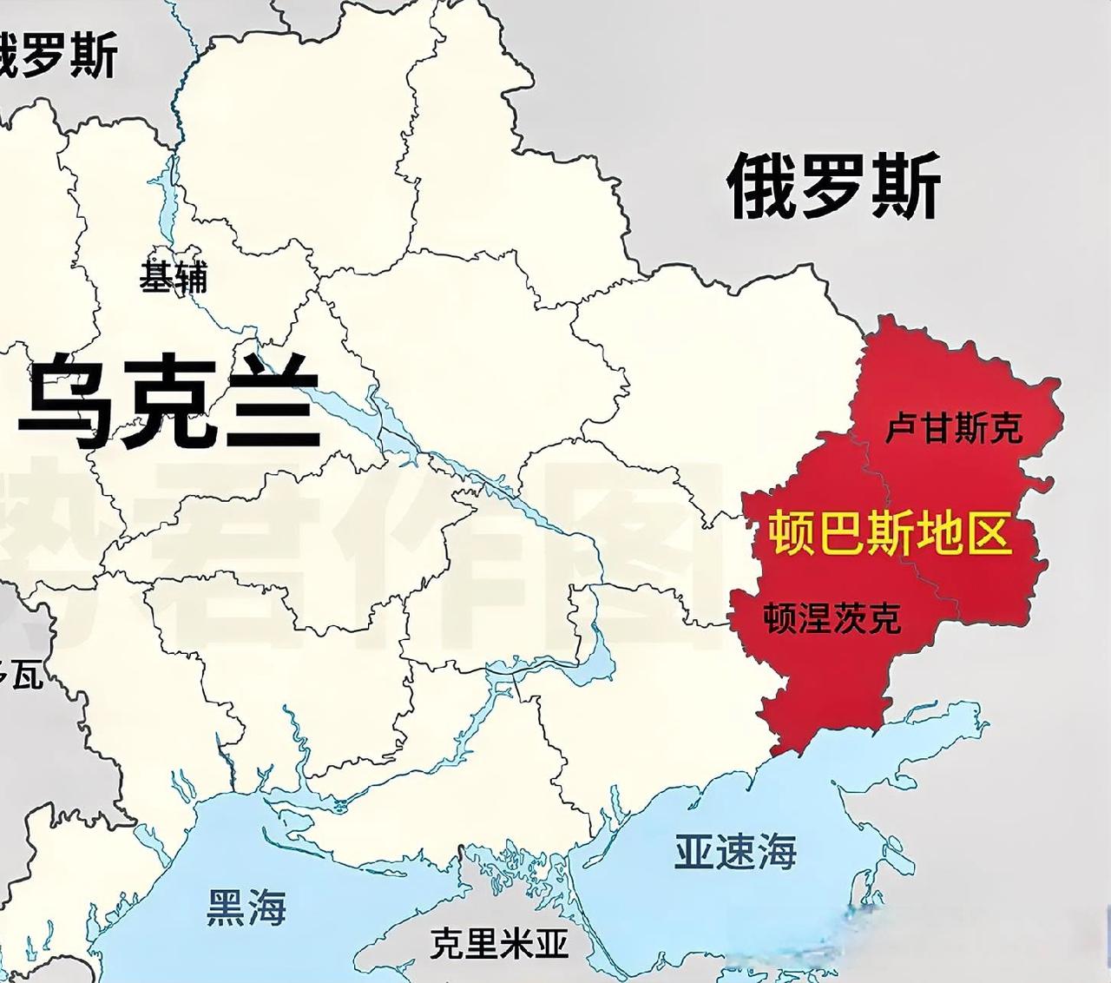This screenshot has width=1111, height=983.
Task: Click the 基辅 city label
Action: coord(174,278)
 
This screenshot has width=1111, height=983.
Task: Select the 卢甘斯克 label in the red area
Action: coord(954,427)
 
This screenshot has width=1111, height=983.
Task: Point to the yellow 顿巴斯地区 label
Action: coord(891,532)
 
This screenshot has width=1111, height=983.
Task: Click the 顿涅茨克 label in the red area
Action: coord(832,618)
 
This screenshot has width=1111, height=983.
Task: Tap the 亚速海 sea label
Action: coord(735,852)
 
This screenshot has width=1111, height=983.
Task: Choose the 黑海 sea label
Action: coord(247,907)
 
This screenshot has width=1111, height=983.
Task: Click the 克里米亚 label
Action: coord(499,942)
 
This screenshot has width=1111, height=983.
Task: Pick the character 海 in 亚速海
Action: coord(776,852)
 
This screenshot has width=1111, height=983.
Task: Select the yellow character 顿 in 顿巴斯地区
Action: coord(789,532)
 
